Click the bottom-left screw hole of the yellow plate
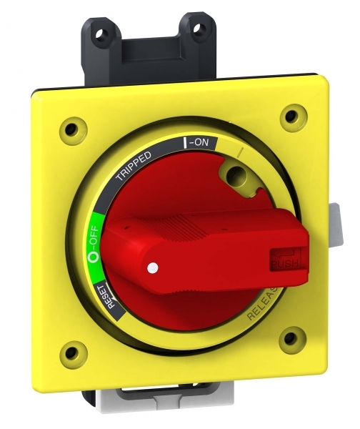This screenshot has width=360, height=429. pos(70,350)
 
